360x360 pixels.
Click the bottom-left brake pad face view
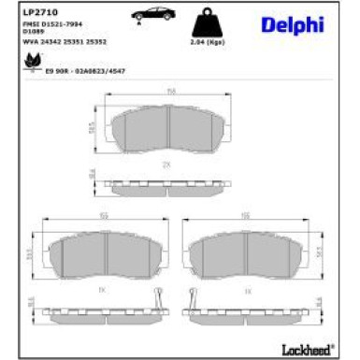[91, 254]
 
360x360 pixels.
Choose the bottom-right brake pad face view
[246, 253]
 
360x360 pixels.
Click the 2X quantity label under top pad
[166, 164]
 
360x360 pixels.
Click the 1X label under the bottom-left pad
[91, 293]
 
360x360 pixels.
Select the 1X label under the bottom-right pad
[246, 293]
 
